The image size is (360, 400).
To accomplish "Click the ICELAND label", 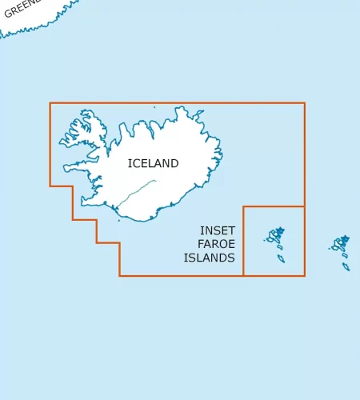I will (x=153, y=163).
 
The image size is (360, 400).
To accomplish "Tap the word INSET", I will (x=218, y=230).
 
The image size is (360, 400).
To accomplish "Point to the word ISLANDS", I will (x=209, y=258).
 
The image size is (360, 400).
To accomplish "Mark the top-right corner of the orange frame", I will (x=305, y=103).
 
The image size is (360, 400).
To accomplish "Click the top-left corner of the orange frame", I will (x=50, y=103).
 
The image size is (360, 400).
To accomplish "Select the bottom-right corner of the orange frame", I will (x=305, y=276).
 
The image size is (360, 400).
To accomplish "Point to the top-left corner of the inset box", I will (x=243, y=206).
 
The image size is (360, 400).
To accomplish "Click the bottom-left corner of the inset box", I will (x=243, y=276).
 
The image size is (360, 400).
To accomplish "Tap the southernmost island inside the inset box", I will (x=281, y=258).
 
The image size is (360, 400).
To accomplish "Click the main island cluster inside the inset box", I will (x=276, y=235).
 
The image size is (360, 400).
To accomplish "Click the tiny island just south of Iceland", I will (x=119, y=220).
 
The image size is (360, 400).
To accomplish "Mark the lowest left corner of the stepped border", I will (x=120, y=276).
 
